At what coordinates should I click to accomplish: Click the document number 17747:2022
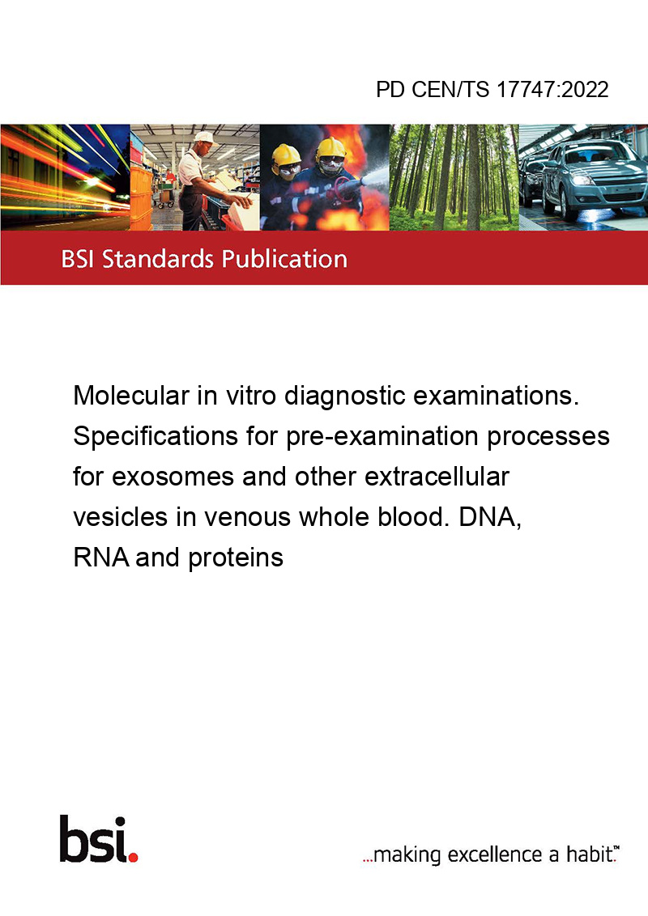[x=552, y=89]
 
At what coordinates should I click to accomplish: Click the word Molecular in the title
[x=131, y=396]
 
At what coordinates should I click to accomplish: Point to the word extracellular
[x=437, y=477]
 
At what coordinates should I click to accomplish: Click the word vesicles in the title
[x=121, y=517]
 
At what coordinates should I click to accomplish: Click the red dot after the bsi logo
[x=133, y=857]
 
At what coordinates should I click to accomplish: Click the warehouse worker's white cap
[x=204, y=138]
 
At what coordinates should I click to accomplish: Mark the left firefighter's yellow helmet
[x=286, y=155]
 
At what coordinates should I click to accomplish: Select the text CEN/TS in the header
[x=450, y=89]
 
